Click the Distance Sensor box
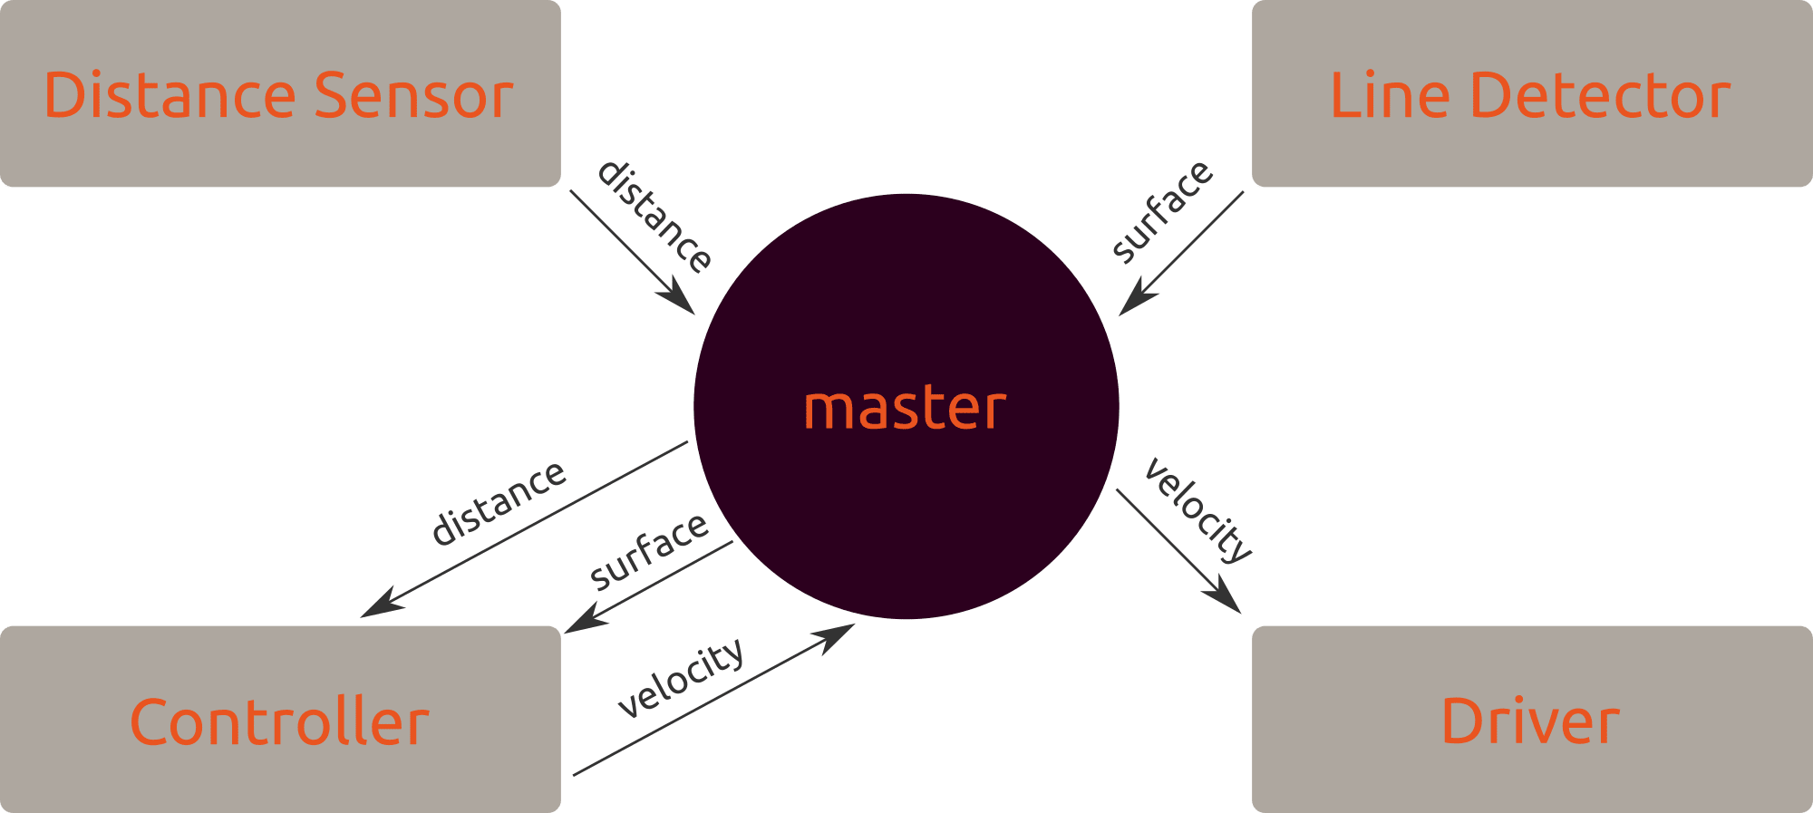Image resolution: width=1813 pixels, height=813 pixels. tap(280, 94)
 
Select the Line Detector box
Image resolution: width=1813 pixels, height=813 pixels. tap(1531, 94)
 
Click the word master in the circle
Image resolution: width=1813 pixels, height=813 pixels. tap(906, 408)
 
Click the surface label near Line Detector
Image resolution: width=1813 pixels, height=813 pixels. tap(1161, 212)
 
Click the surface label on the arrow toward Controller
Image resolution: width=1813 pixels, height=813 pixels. tap(649, 549)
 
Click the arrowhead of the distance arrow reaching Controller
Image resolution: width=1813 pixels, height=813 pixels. tap(377, 608)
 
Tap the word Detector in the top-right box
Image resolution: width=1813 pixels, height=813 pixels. tap(1600, 95)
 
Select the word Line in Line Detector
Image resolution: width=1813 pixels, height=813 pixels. tap(1390, 95)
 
